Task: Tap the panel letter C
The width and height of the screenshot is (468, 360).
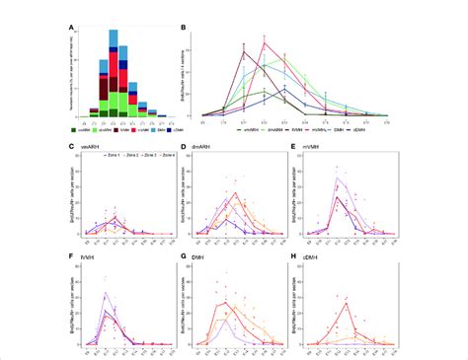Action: click(68, 146)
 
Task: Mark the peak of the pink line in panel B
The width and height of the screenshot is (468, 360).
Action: click(265, 41)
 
